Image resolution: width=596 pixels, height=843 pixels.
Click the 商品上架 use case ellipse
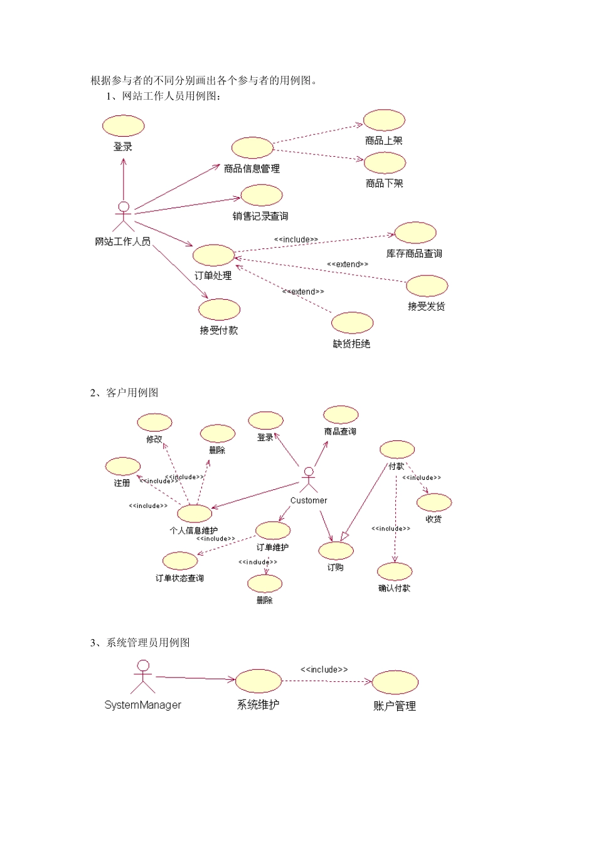point(384,120)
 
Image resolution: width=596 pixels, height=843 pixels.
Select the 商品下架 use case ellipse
point(385,162)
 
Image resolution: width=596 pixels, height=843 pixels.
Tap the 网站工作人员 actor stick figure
point(124,216)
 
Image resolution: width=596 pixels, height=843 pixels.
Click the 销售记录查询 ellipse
point(262,195)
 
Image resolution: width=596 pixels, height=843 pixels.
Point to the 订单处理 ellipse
point(213,255)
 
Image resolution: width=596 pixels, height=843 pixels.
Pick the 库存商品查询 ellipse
point(415,233)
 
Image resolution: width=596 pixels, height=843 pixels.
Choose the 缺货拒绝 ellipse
point(352,322)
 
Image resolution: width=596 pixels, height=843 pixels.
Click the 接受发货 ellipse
point(427,285)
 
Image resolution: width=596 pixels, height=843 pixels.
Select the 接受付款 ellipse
point(219,309)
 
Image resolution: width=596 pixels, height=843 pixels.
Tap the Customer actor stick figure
point(308,480)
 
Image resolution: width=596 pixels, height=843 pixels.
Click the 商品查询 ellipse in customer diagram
point(341,415)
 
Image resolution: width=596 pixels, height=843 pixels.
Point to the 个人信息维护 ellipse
point(194,513)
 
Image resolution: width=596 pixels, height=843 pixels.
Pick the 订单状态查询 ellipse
point(180,561)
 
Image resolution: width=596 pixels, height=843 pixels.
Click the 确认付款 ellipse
point(395,571)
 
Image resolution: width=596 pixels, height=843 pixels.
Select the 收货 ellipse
point(434,502)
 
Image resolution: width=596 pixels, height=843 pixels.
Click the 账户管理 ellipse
point(395,682)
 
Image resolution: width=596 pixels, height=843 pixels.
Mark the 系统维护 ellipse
point(258,681)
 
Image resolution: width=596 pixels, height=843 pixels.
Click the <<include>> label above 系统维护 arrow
point(324,669)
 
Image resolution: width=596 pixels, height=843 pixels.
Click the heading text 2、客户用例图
point(124,393)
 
